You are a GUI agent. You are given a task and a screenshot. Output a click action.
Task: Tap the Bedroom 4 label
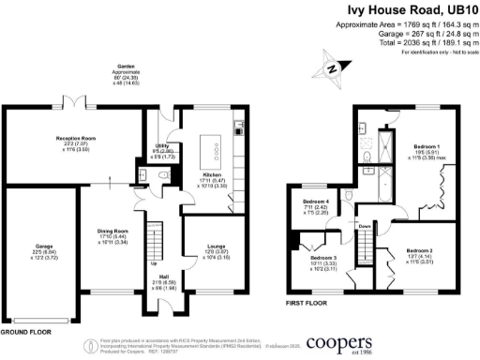[x=314, y=202]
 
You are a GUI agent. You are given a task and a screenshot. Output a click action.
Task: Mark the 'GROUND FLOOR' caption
[x=25, y=332]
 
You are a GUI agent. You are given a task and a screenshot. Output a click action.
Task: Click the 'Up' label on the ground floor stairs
[x=154, y=262]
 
